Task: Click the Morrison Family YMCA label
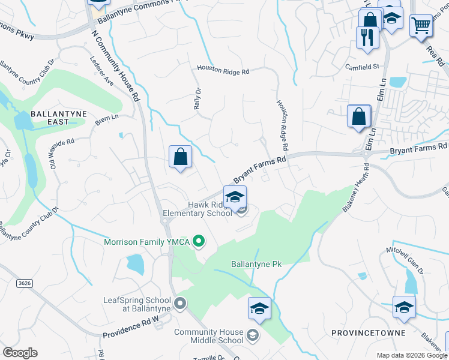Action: click(x=147, y=242)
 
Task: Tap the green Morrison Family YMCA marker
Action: click(x=199, y=242)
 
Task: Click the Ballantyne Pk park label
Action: click(x=256, y=264)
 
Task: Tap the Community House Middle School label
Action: click(x=209, y=336)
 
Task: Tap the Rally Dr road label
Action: click(x=196, y=96)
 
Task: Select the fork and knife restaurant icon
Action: click(x=367, y=37)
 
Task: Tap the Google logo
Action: click(x=20, y=352)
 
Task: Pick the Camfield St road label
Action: click(x=362, y=67)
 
